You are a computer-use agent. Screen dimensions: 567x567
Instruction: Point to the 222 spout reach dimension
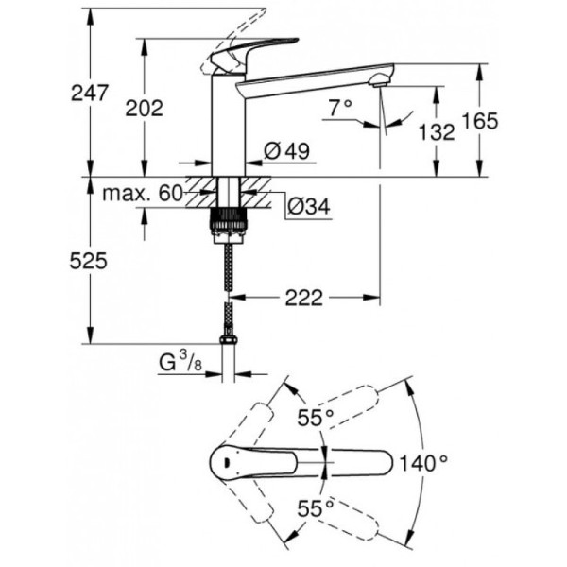pos(302,298)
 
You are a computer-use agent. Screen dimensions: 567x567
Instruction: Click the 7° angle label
pos(341,110)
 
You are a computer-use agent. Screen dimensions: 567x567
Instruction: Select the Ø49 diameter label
pos(283,151)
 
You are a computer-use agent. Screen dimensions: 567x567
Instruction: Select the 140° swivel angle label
pos(421,463)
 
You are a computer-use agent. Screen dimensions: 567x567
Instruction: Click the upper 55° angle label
pos(315,417)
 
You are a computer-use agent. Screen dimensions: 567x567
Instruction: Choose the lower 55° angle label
pos(315,508)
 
